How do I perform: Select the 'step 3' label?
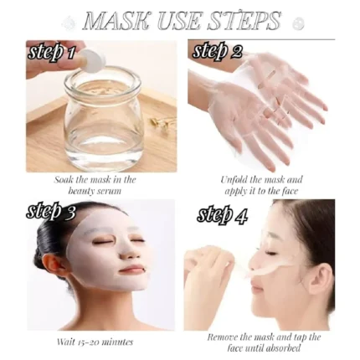click(x=51, y=212)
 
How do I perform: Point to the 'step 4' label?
click(x=222, y=214)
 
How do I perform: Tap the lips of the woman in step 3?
click(x=129, y=270)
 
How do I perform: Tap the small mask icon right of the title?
click(x=298, y=23)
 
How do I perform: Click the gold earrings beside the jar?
click(x=163, y=124)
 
